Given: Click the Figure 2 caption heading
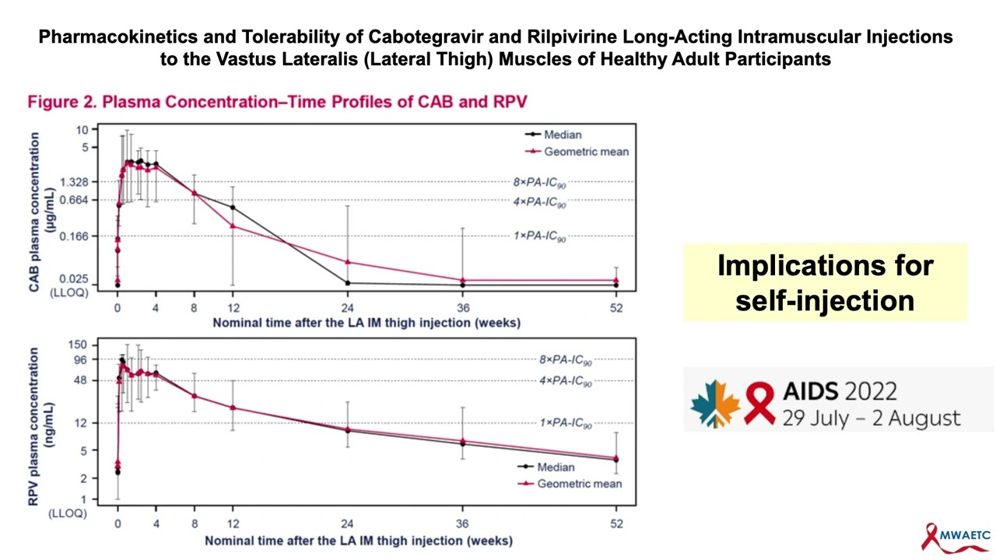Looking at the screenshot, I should coord(278,102).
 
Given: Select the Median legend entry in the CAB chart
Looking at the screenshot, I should coord(562,135).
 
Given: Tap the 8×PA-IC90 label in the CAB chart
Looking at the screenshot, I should coord(539,183).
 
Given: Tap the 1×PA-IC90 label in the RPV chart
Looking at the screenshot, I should coord(566,424).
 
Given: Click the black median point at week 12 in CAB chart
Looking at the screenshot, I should coord(233,207).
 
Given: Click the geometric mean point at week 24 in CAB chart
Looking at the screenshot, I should coord(348,262).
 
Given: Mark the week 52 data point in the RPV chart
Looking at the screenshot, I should coord(616,459).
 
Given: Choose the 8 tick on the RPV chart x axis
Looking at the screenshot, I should coord(194,524).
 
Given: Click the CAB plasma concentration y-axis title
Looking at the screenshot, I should coord(34,212).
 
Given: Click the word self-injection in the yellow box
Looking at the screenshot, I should coord(825,299).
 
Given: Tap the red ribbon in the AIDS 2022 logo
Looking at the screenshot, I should coord(759,403).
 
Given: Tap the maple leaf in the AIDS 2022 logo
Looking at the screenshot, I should coord(715,404).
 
